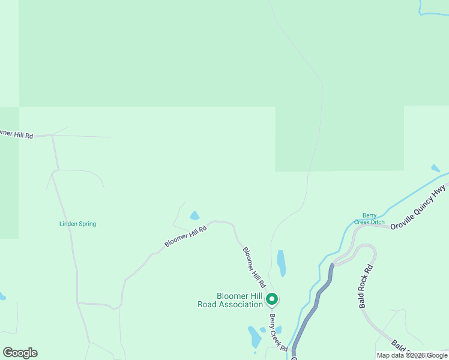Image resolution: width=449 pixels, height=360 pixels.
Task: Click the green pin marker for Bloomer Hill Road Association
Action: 271,298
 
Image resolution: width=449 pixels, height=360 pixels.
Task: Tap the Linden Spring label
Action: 77,224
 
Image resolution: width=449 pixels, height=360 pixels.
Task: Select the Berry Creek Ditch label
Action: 369,219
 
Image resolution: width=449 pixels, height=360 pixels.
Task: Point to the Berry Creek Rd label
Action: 279,332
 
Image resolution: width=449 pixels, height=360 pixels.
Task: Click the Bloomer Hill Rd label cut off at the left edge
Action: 16,133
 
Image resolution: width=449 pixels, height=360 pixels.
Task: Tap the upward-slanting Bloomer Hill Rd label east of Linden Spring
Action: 185,236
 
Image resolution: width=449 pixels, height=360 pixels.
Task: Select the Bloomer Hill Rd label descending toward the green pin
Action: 254,266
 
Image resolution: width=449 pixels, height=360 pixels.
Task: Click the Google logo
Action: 20,353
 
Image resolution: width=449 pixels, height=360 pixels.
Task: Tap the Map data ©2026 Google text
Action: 412,355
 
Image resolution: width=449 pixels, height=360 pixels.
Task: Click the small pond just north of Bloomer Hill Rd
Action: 194,215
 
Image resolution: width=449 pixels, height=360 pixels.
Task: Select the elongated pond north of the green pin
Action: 281,262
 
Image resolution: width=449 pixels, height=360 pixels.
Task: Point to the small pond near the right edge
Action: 435,169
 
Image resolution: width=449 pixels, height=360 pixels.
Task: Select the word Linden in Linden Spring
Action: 68,224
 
